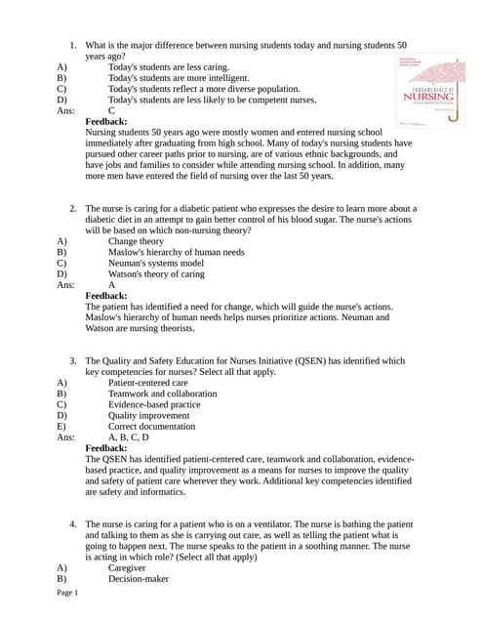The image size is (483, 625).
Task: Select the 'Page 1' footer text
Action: pos(67,593)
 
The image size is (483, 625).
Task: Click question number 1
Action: pos(73,46)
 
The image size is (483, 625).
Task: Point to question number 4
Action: pos(73,524)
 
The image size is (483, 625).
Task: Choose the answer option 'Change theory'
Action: pos(136,241)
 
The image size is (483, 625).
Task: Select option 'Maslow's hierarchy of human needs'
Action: pos(176,252)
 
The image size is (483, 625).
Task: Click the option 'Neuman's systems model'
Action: pos(156,263)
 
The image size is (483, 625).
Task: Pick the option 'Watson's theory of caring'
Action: pos(156,274)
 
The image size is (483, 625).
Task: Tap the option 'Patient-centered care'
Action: pos(147,383)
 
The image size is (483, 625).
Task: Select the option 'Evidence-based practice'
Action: pos(154,404)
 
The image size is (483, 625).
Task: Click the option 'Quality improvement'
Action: pos(148,415)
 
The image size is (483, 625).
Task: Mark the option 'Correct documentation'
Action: pos(151,427)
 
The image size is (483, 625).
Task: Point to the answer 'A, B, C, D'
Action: pos(129,437)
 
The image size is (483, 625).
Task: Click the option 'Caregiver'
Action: pos(127,567)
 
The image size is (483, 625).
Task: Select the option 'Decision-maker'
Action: pos(138,578)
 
